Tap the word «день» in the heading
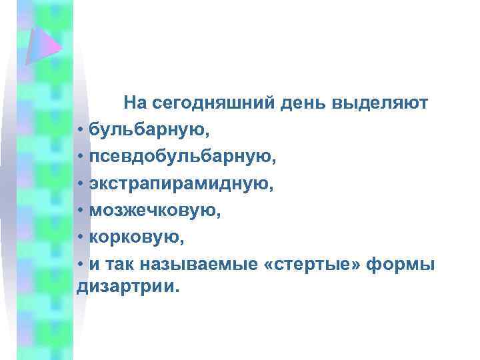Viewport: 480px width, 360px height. (x=289, y=104)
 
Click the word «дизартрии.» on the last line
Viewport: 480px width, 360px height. (x=129, y=287)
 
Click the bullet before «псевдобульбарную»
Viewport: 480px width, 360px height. (x=80, y=157)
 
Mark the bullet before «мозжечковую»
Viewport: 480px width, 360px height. (x=80, y=211)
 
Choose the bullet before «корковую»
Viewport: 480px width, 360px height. (x=80, y=237)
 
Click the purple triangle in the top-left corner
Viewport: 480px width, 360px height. (x=41, y=41)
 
